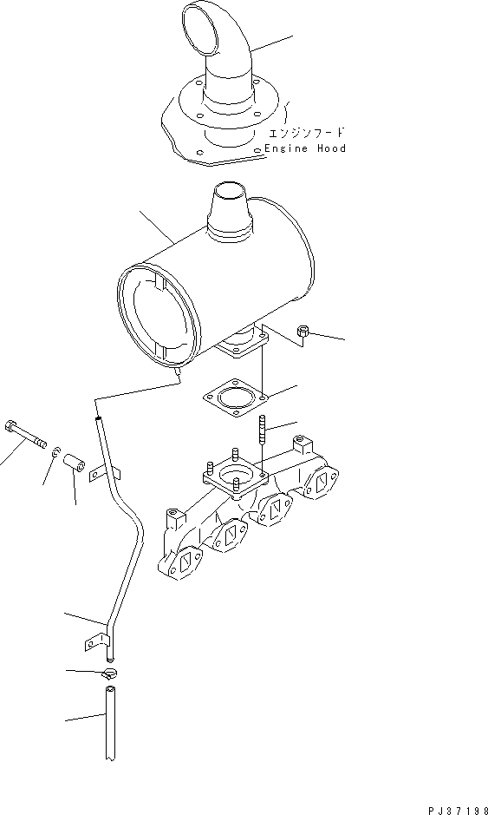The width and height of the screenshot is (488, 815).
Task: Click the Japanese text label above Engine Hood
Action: point(307,133)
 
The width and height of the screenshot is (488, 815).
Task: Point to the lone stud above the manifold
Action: point(260,431)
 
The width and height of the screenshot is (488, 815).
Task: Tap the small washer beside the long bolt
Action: point(56,451)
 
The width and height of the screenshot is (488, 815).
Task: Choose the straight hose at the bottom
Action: point(109,724)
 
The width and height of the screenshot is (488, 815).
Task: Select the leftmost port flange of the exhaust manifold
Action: point(185,567)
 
